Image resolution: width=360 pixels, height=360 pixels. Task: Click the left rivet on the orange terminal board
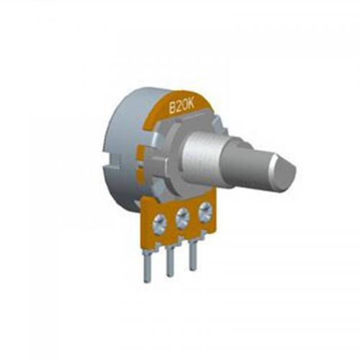[x=159, y=223]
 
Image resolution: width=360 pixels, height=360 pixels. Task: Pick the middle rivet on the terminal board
[x=182, y=217]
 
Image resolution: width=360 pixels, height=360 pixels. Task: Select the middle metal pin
[x=170, y=261]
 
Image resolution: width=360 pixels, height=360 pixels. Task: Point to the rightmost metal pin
[x=193, y=256]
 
